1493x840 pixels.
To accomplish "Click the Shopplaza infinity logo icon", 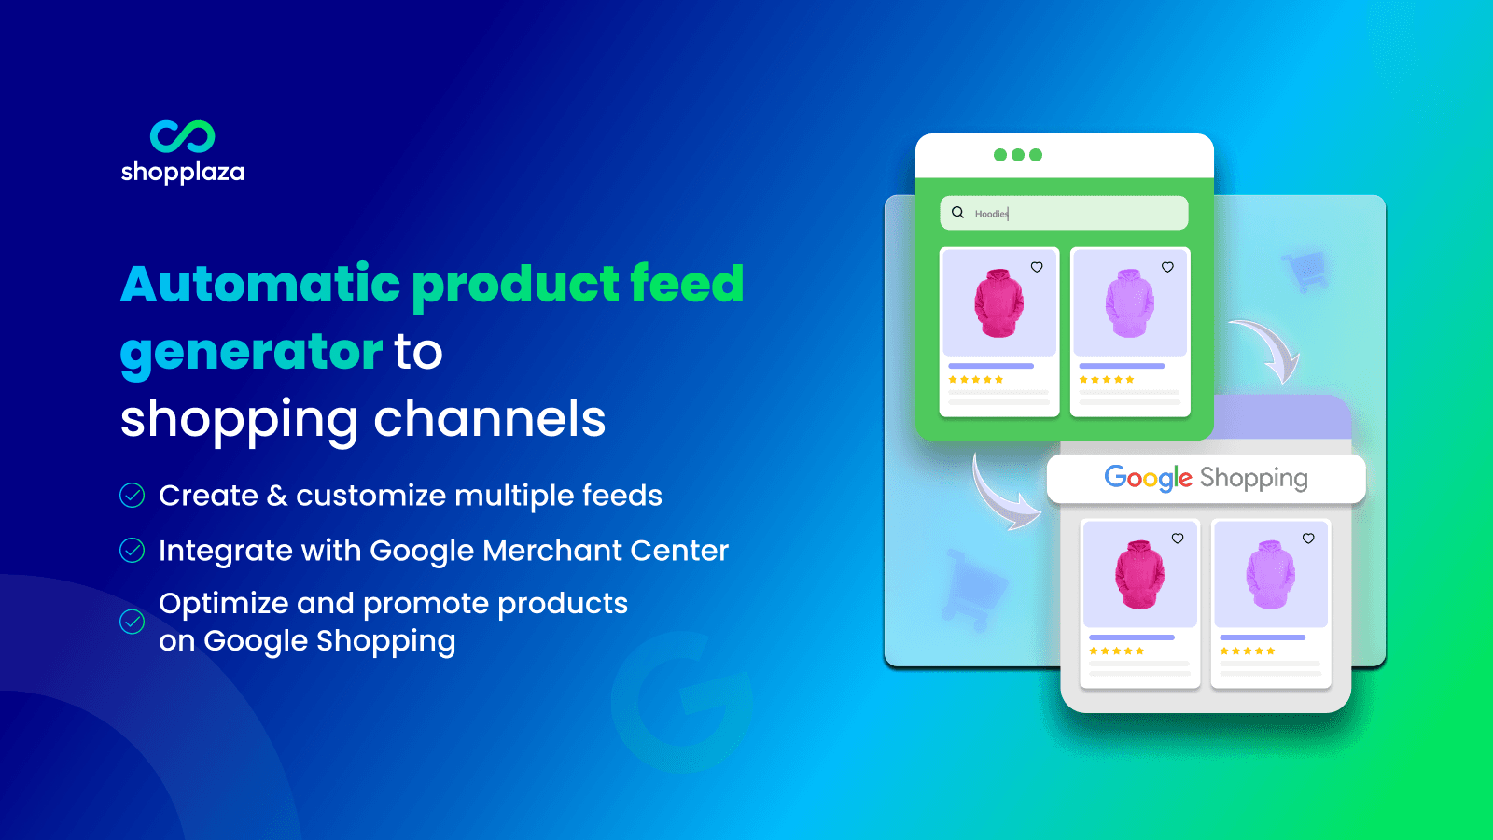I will point(183,136).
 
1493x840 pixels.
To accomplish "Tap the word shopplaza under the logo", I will point(183,172).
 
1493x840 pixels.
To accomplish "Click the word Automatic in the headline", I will point(260,284).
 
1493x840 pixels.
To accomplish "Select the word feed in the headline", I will point(687,284).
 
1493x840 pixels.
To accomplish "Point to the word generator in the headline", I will point(251,352).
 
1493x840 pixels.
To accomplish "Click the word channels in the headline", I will point(490,419).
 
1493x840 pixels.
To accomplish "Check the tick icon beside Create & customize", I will point(133,496).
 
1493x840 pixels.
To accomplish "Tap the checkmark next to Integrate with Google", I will point(133,551).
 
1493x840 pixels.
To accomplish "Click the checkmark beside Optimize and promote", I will point(133,622).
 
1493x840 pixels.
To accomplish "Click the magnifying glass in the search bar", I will point(957,213).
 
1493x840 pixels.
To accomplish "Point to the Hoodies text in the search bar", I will point(991,214).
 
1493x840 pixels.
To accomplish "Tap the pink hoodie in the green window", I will point(998,303).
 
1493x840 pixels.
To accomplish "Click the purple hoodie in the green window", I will point(1129,303).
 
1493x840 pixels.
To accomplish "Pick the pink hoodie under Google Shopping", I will point(1139,574).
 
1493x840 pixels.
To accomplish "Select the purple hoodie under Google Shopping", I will point(1270,574).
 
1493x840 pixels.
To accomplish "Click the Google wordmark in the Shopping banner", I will point(1148,478).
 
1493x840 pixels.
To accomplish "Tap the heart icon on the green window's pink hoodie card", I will point(1037,267).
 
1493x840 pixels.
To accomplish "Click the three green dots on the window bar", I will point(1018,155).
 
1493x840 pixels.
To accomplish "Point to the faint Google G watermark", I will point(681,701).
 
